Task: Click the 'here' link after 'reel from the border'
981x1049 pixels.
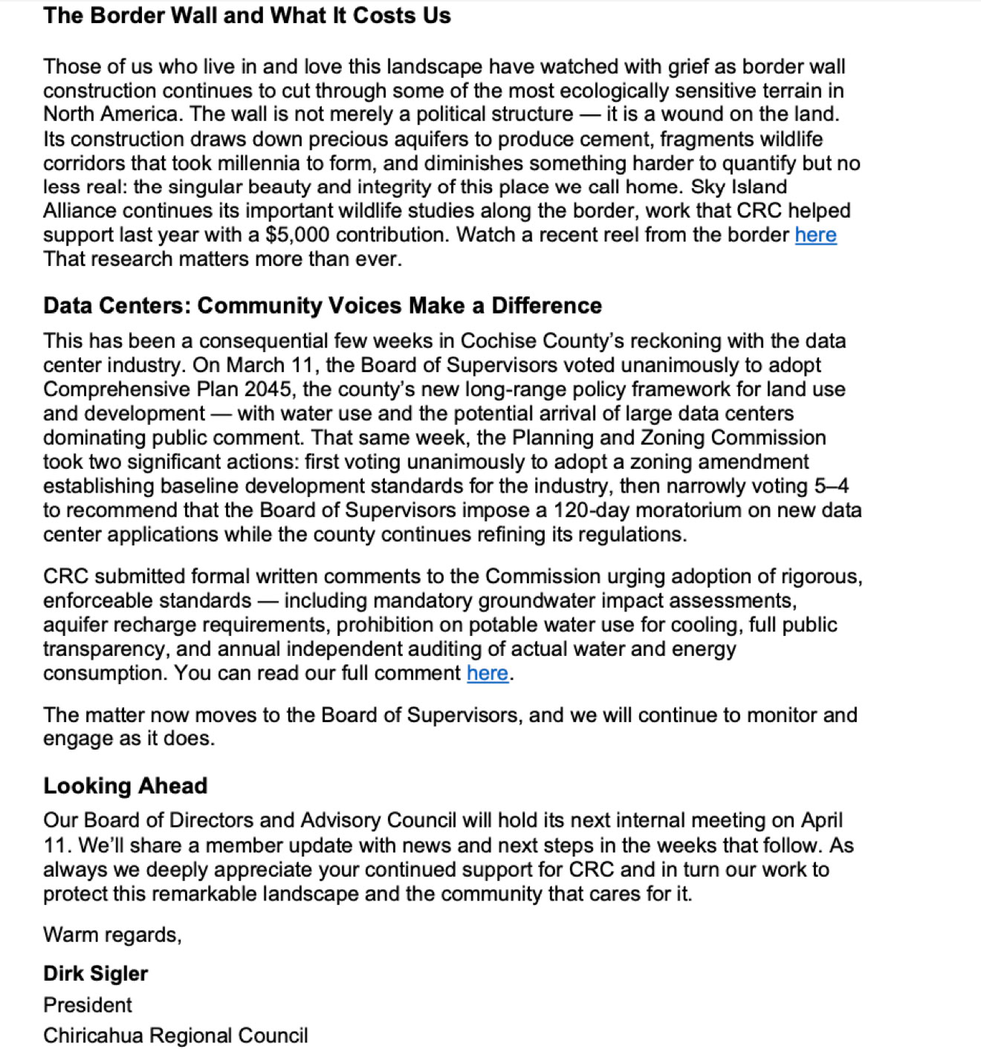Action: tap(815, 235)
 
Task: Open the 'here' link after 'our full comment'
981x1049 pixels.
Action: tap(488, 673)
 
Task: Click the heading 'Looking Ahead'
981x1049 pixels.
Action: tap(125, 785)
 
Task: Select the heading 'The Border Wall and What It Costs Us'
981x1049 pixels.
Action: tap(247, 16)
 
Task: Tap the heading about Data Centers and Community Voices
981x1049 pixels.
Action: tap(323, 305)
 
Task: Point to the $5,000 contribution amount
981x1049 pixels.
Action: tap(297, 235)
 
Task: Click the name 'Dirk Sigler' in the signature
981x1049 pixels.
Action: tap(96, 973)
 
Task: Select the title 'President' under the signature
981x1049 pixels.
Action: tap(88, 1005)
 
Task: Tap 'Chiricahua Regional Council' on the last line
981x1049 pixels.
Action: tap(175, 1036)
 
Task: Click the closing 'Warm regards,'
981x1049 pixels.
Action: tap(112, 935)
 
